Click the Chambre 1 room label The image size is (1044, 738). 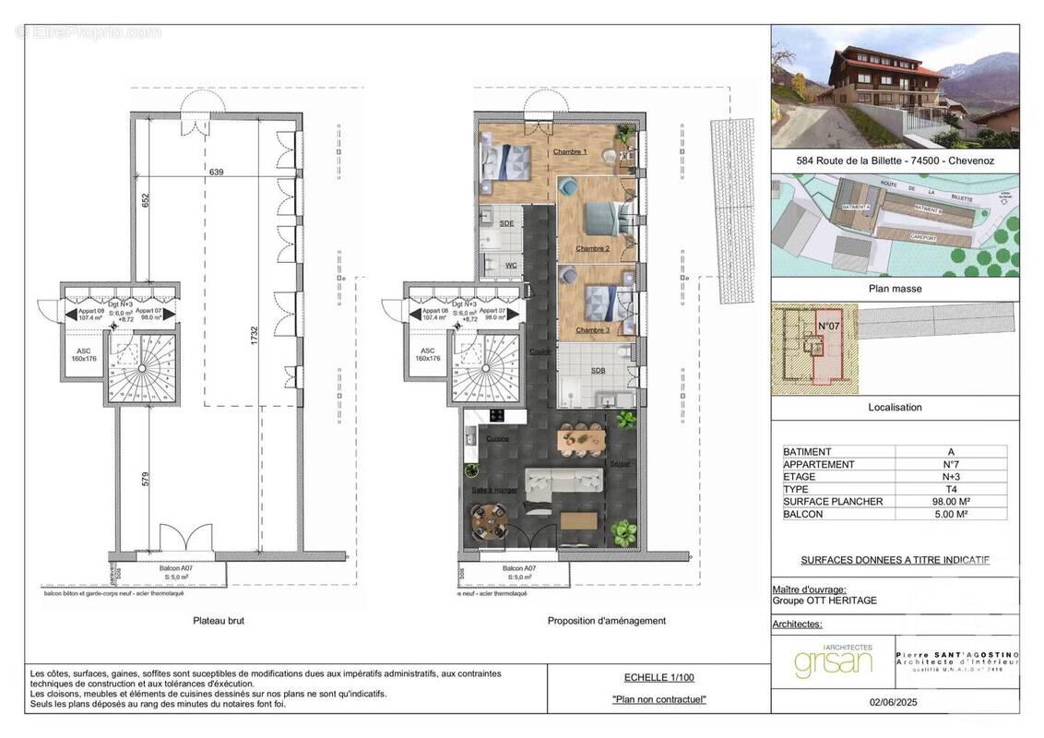[570, 151]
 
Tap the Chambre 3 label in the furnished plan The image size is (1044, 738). [592, 329]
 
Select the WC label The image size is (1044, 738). [510, 266]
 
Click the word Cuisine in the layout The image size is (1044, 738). [497, 438]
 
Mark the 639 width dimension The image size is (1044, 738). [216, 173]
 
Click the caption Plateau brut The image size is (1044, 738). [219, 621]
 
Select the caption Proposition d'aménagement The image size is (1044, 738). [606, 621]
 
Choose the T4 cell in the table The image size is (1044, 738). [950, 489]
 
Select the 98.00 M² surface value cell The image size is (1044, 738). [950, 502]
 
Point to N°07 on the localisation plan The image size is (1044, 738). [827, 326]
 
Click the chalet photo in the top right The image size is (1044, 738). [895, 87]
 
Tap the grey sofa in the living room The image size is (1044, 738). [563, 481]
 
